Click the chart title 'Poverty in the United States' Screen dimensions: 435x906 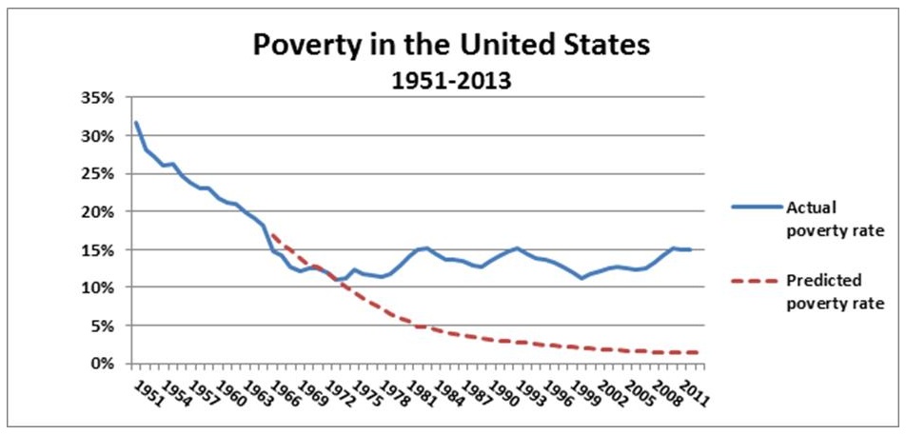tap(452, 46)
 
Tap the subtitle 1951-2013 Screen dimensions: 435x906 tap(452, 81)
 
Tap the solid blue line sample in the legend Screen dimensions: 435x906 tap(755, 207)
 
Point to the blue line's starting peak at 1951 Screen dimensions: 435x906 tap(135, 123)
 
